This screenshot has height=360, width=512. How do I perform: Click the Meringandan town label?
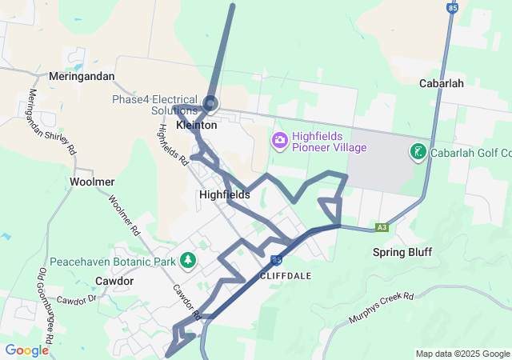click(82, 76)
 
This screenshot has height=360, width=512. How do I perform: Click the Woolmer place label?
click(93, 182)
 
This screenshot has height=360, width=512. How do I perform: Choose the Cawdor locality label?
click(114, 281)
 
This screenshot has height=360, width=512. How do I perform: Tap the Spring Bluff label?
click(402, 252)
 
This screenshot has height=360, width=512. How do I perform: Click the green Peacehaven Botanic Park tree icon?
click(188, 261)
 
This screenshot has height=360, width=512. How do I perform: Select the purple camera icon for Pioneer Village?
click(279, 142)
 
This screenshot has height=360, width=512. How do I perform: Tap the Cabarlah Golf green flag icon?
click(418, 152)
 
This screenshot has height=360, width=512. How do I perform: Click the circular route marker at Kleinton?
click(210, 102)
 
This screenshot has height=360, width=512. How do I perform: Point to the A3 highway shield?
click(382, 227)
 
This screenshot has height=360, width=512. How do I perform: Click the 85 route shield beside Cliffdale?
click(276, 261)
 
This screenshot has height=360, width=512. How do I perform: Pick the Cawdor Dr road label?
click(76, 299)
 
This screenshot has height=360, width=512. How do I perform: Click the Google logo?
click(26, 350)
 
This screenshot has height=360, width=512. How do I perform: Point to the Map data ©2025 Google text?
click(462, 354)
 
